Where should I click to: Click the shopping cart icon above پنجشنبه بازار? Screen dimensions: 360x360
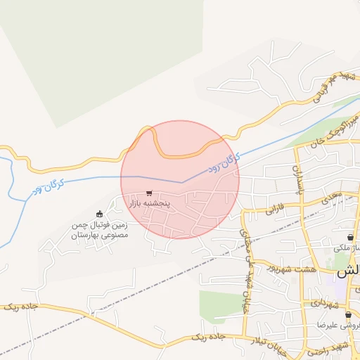tap(149, 193)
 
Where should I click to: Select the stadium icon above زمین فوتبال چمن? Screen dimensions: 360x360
tap(99, 214)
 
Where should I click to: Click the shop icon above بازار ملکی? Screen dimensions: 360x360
tap(350, 238)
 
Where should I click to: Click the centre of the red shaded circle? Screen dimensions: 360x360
tap(180, 179)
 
